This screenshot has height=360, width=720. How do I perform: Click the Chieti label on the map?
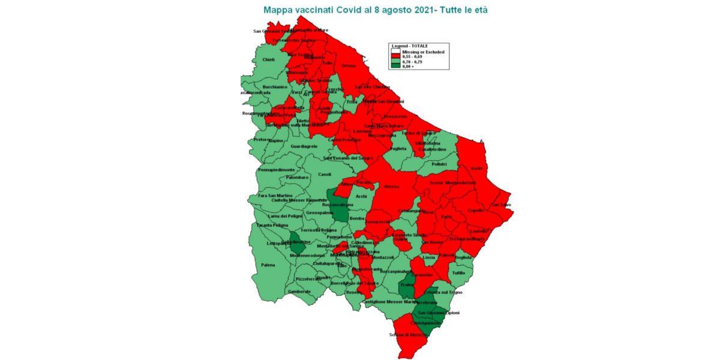(268, 59)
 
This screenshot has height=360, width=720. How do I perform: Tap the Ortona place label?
(349, 65)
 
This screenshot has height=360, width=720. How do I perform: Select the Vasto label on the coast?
(477, 169)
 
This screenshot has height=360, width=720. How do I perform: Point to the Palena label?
(268, 265)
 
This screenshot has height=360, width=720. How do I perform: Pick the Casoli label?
(325, 175)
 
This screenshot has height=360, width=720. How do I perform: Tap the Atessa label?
(391, 187)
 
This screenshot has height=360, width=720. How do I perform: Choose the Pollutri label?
(439, 163)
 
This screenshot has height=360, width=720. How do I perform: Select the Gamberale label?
(299, 292)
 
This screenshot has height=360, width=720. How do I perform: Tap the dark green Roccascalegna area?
(339, 205)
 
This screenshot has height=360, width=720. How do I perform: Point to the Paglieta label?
(398, 148)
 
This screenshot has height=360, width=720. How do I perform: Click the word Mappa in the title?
(279, 10)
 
